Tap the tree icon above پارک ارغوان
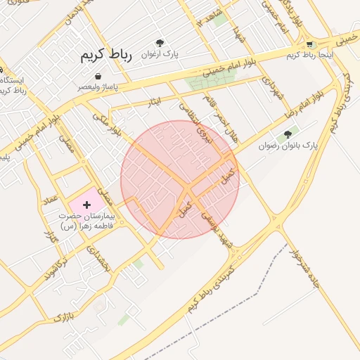[x=160, y=43]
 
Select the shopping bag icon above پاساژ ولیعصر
[x=97, y=76]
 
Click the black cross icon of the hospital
[x=86, y=205]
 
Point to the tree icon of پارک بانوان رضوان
[x=287, y=134]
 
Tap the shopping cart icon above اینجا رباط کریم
[x=310, y=44]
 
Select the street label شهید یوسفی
[x=217, y=229]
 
